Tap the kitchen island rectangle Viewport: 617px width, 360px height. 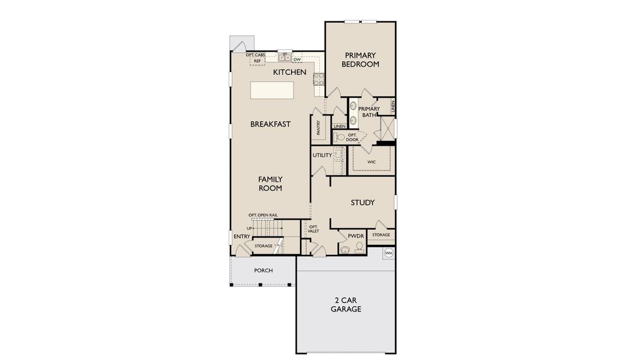tap(272, 90)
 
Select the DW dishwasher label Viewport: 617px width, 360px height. tap(296, 60)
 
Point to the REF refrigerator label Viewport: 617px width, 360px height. tap(257, 61)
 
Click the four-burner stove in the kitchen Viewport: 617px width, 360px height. tap(318, 79)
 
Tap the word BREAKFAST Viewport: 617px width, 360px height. tap(270, 124)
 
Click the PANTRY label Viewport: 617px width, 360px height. tap(318, 127)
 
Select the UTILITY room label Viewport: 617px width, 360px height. tap(322, 155)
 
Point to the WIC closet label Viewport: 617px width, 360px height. tap(371, 161)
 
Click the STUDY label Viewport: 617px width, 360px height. tap(363, 203)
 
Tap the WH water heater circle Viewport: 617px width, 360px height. tap(388, 253)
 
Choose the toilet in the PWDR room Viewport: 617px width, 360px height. tap(359, 248)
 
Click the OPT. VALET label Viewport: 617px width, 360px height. tap(313, 229)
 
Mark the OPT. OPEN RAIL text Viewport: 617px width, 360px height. tap(263, 215)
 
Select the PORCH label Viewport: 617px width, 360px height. tap(263, 271)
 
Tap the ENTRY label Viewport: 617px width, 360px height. tap(241, 236)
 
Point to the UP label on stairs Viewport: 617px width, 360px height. tap(250, 229)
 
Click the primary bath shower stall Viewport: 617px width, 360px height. tap(388, 128)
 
